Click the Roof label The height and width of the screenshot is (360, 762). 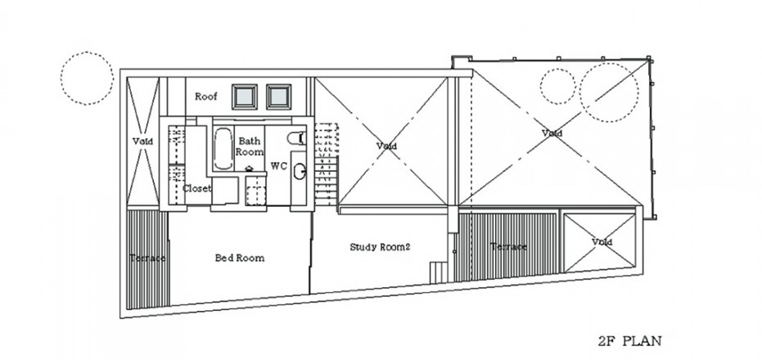[x=206, y=97]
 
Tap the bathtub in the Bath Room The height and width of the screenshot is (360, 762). [x=223, y=149]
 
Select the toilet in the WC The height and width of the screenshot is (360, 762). [x=296, y=138]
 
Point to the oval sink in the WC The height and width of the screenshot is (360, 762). [x=300, y=171]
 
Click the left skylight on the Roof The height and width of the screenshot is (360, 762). [x=245, y=97]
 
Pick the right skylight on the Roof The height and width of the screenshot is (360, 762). [x=278, y=97]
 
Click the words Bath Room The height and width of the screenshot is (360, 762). [x=250, y=146]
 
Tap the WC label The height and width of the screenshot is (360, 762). [x=278, y=166]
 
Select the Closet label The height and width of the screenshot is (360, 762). [x=196, y=188]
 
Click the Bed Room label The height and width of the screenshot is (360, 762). [x=240, y=258]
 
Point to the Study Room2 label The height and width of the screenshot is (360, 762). [x=380, y=247]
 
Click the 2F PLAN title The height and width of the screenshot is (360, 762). [x=629, y=341]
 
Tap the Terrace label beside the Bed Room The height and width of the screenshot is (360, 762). [x=147, y=258]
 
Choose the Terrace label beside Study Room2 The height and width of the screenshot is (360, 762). [x=508, y=246]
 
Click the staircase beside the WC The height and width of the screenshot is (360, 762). [x=326, y=164]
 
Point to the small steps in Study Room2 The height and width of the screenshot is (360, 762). [x=439, y=272]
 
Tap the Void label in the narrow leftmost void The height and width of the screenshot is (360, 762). [x=142, y=142]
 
